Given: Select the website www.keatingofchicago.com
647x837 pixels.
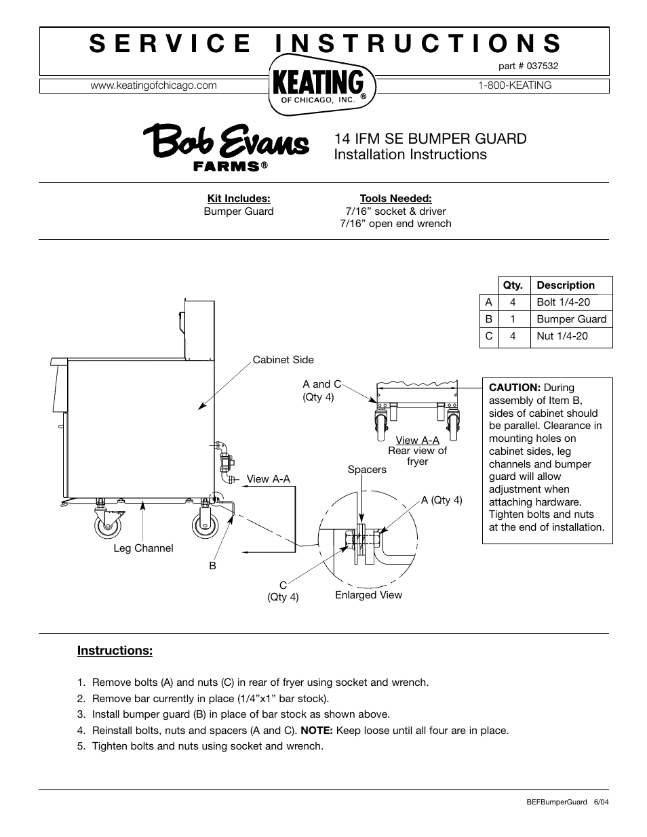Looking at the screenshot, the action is click(153, 85).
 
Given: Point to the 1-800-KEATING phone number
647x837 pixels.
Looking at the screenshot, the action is click(515, 85).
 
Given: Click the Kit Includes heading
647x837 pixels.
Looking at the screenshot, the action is click(239, 199).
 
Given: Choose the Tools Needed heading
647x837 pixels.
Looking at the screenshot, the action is click(395, 199).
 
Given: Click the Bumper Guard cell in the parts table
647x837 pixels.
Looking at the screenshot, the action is click(571, 319).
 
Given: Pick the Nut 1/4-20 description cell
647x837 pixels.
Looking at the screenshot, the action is click(562, 336).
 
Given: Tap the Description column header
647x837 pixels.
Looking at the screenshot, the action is click(565, 285).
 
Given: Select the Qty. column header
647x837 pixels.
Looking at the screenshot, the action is click(513, 285).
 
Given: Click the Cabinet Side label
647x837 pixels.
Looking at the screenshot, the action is click(283, 360).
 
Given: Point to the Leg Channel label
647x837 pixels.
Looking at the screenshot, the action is click(143, 548).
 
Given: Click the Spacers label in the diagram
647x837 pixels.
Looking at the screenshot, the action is click(367, 470).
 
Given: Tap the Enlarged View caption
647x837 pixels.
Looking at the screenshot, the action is click(368, 595).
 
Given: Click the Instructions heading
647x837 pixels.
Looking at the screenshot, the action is click(115, 651).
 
